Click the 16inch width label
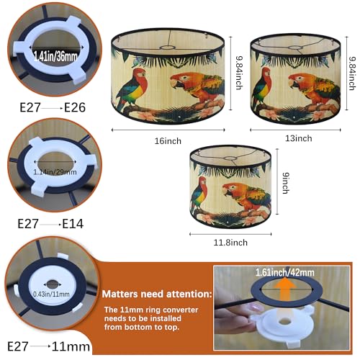[x=168, y=141]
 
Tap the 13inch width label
[x=299, y=138]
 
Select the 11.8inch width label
[x=230, y=243]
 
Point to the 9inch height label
[x=286, y=183]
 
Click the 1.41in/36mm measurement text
[x=55, y=57]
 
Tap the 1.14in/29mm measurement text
[x=55, y=172]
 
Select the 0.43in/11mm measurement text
[x=51, y=294]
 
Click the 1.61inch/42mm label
[x=285, y=273]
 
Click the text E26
[x=75, y=107]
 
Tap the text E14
[x=73, y=224]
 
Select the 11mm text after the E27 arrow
[x=71, y=346]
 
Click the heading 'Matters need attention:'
[x=157, y=294]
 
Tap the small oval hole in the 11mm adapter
[x=53, y=284]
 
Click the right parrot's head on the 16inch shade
[x=181, y=81]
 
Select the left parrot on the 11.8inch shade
[x=199, y=194]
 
